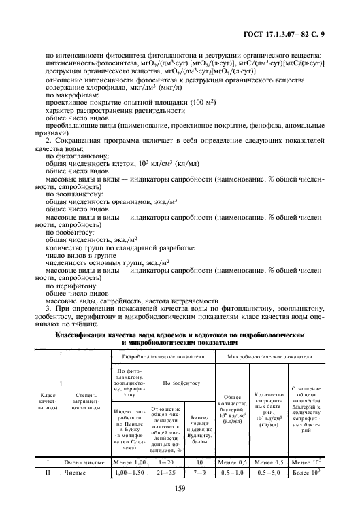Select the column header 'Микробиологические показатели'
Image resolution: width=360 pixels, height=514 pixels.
[x=270, y=356]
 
